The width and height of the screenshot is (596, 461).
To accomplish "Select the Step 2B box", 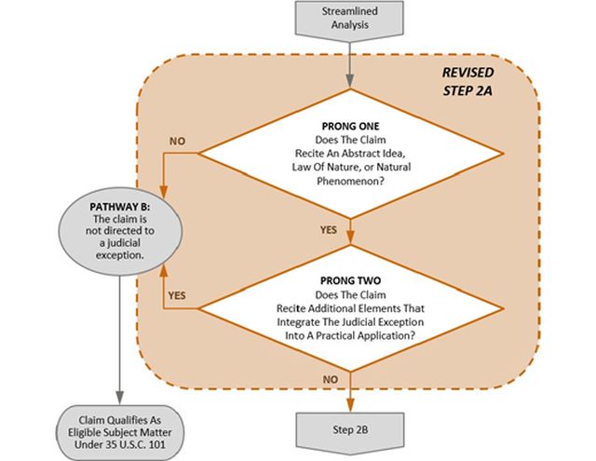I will click(x=349, y=428).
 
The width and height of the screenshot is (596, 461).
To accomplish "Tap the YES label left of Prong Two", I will click(x=178, y=294).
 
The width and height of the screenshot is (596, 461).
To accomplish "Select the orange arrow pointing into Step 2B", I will click(x=349, y=391).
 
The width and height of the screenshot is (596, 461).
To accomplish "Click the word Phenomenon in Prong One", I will click(x=349, y=182).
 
